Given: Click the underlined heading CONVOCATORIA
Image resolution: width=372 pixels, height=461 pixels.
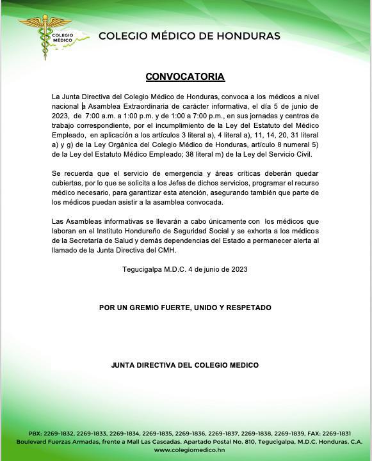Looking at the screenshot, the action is (x=185, y=77).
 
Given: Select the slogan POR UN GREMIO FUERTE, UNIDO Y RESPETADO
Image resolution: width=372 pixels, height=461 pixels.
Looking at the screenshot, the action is (x=185, y=308).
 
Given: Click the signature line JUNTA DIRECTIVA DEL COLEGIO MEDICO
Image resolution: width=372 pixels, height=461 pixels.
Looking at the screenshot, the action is (x=185, y=365).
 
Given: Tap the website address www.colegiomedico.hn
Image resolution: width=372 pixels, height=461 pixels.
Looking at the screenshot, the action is (x=186, y=449).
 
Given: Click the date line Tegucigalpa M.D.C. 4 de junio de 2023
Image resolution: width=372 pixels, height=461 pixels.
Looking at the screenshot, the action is (x=185, y=269).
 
